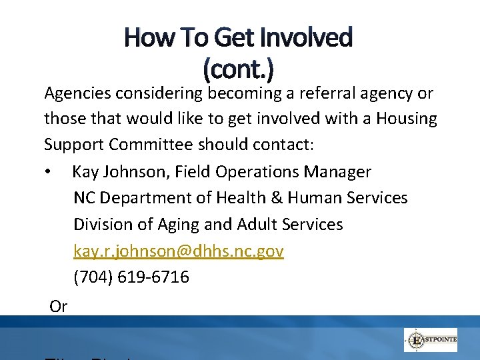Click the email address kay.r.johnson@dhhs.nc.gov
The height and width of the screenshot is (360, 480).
[x=178, y=251]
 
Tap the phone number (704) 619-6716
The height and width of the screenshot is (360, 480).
[x=131, y=277]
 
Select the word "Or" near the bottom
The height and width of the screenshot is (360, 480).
[x=59, y=306]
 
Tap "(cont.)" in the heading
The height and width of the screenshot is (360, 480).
[x=238, y=67]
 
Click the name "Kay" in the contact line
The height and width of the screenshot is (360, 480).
[x=85, y=172]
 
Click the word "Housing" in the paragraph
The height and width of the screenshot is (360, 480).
[x=407, y=119]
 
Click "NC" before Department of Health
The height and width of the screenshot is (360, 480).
[x=84, y=198]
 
